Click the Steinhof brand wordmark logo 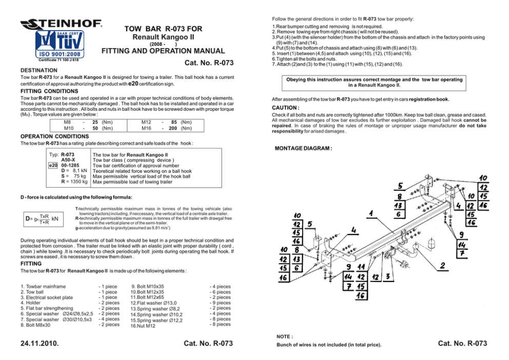[x=62, y=24]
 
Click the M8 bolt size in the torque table [x=67, y=122]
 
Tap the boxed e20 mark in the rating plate [x=52, y=166]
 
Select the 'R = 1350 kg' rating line [x=74, y=182]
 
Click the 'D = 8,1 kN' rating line [x=74, y=171]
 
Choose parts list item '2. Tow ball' [x=36, y=291]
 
